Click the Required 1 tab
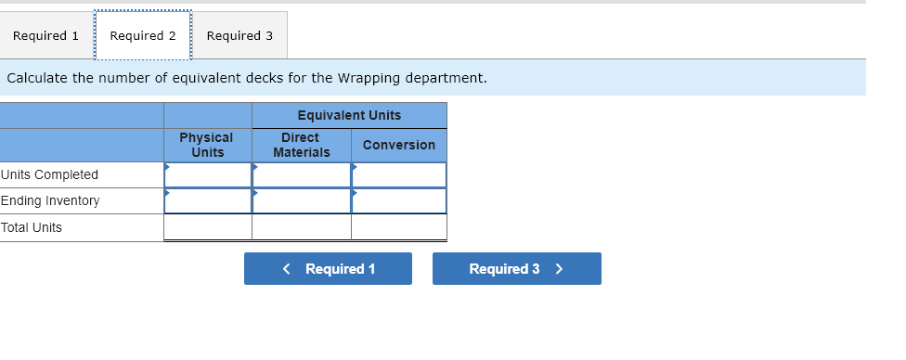click(45, 35)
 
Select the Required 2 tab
click(143, 35)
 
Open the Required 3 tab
click(239, 35)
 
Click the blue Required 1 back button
click(328, 269)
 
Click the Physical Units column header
click(207, 145)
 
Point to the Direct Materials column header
click(301, 145)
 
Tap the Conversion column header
click(398, 145)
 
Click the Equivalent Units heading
click(349, 115)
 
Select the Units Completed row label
click(50, 175)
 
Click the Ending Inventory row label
click(50, 201)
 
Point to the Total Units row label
click(32, 227)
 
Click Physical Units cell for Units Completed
click(208, 175)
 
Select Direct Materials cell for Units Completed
click(302, 175)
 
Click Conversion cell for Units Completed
click(399, 175)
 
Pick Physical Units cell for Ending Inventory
click(208, 201)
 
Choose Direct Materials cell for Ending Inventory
click(302, 201)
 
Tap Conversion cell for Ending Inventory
click(399, 201)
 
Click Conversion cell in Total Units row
click(399, 227)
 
